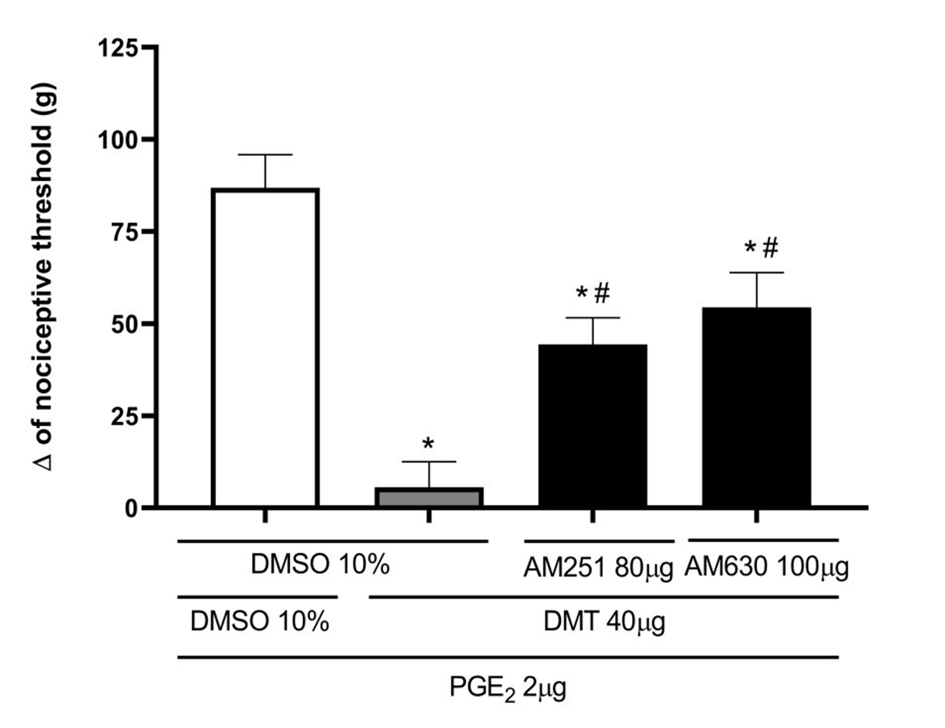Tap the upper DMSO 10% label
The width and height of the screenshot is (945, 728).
(320, 565)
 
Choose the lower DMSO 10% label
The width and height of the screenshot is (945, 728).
(260, 622)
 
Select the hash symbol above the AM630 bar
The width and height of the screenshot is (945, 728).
(770, 248)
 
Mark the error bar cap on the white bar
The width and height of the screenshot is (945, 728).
(265, 154)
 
